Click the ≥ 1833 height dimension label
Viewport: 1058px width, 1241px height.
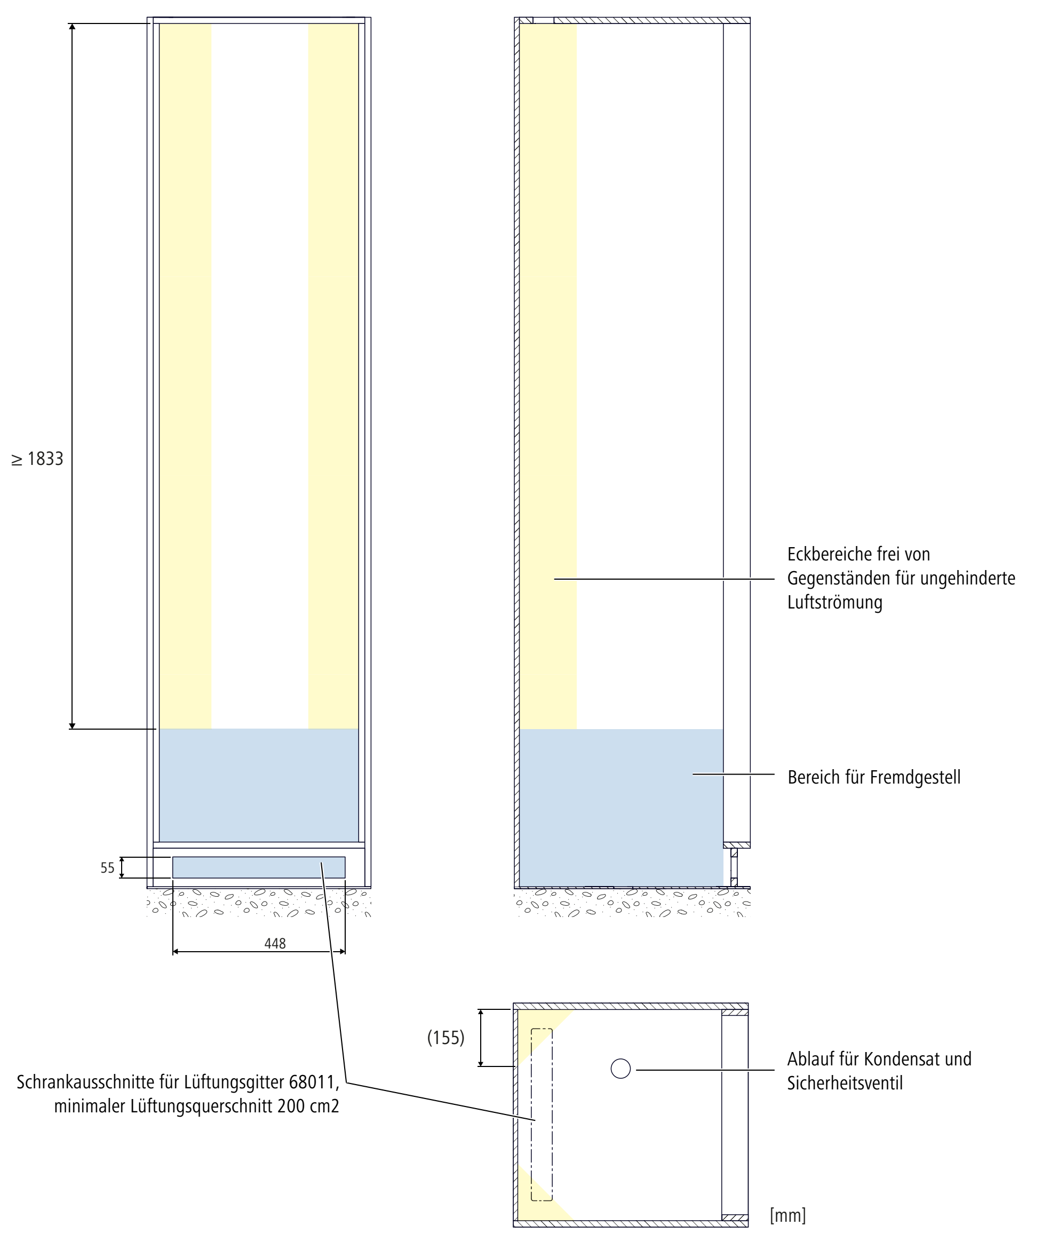tap(38, 459)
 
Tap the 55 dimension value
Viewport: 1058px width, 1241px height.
tap(107, 868)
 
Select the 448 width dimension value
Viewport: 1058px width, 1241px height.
tap(275, 943)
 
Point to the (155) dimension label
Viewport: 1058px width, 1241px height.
tap(446, 1037)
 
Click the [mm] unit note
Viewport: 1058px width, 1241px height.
tap(787, 1215)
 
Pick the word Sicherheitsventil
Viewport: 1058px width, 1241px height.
tap(845, 1083)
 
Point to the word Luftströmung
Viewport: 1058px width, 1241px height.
tap(834, 602)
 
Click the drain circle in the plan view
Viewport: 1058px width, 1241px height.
tap(621, 1068)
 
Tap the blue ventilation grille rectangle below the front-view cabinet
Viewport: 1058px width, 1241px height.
tap(259, 867)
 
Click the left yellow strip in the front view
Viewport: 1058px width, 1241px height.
tap(185, 371)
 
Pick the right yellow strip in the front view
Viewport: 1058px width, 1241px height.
tap(333, 371)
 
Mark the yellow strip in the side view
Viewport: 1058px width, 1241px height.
tap(548, 371)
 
